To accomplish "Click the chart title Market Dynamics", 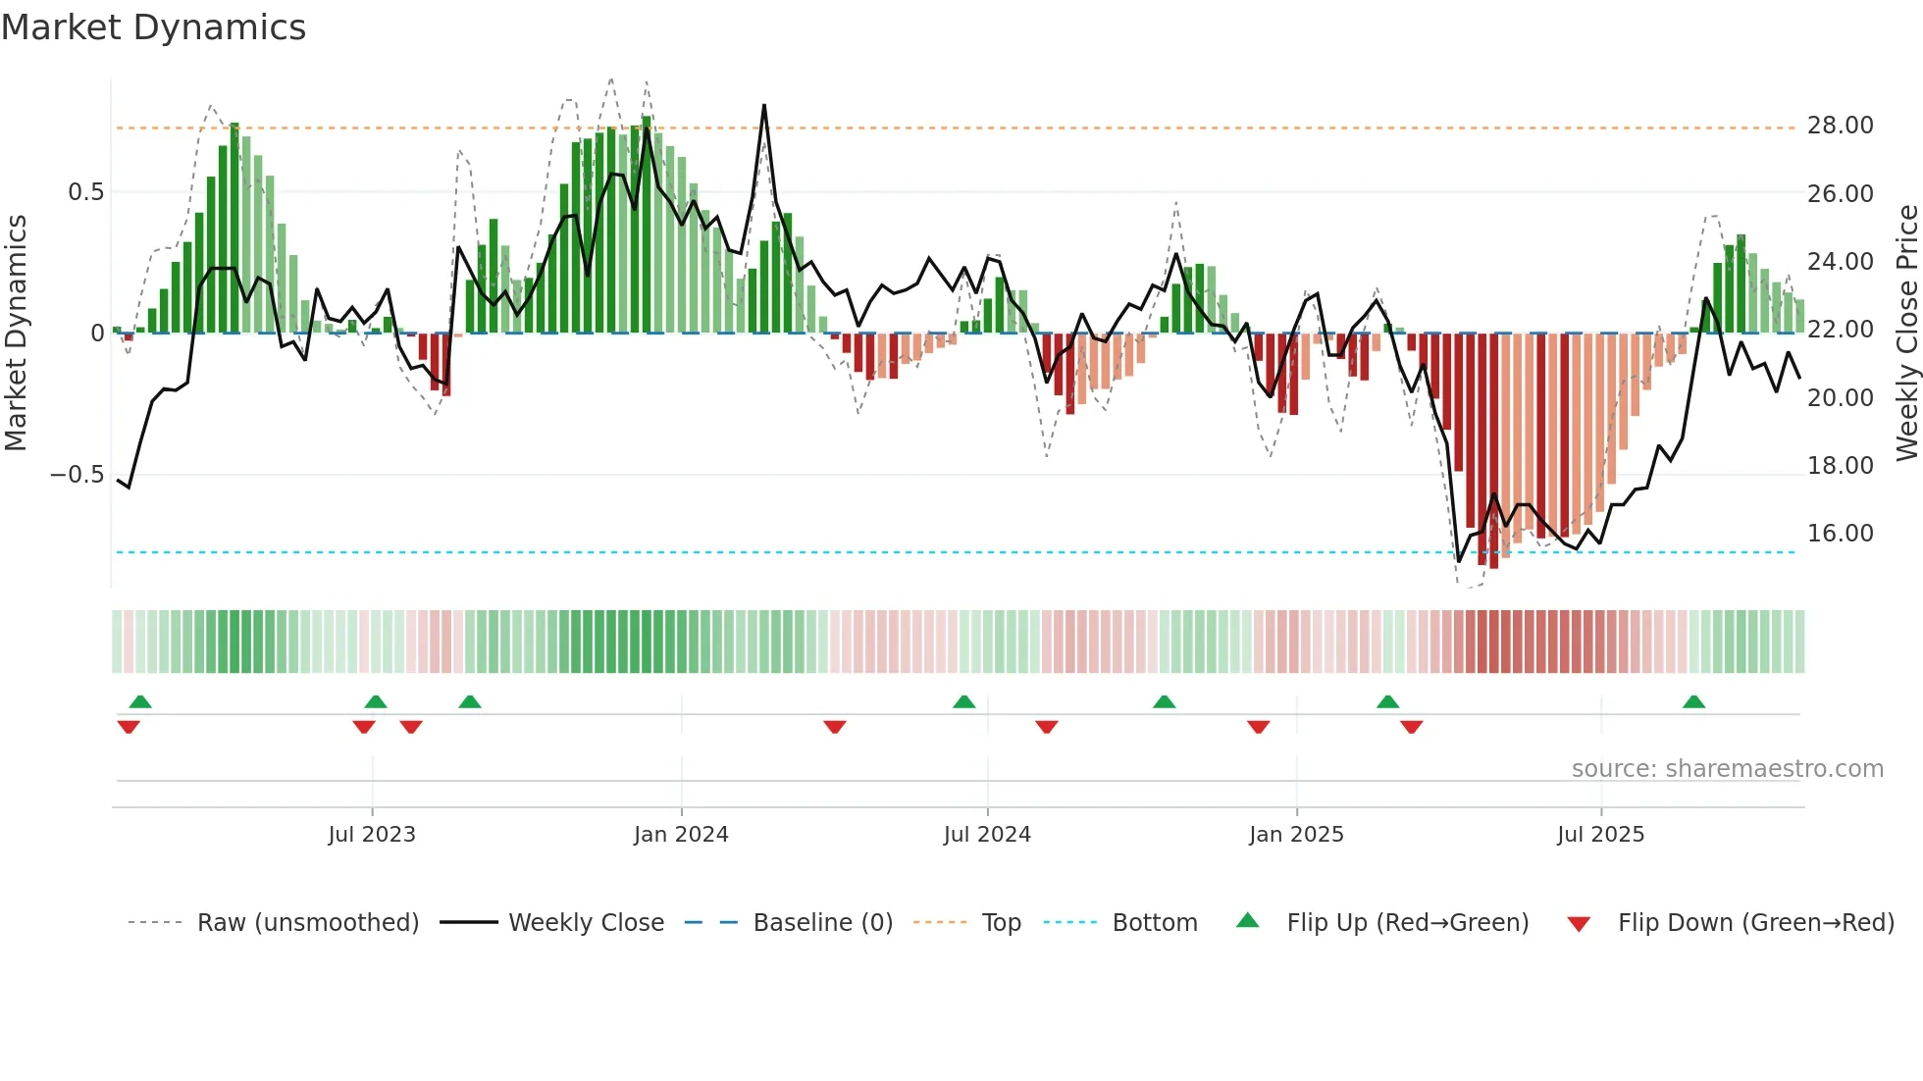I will [x=153, y=27].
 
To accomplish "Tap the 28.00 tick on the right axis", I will [x=1840, y=126].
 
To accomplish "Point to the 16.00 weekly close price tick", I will [x=1840, y=534].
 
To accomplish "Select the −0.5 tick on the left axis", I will [x=77, y=475].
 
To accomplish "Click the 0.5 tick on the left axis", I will [x=85, y=192].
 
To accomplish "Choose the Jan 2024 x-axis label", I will [x=681, y=835].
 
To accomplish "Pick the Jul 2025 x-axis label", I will [x=1600, y=835].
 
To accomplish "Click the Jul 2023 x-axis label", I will [x=372, y=835].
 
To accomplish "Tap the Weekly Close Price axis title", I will [x=1906, y=332].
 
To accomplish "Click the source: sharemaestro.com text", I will [x=1727, y=769].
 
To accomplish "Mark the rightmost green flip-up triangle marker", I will [x=1693, y=702].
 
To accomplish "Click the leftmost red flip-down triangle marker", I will [x=129, y=727].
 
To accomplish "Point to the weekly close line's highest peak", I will [x=764, y=105].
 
